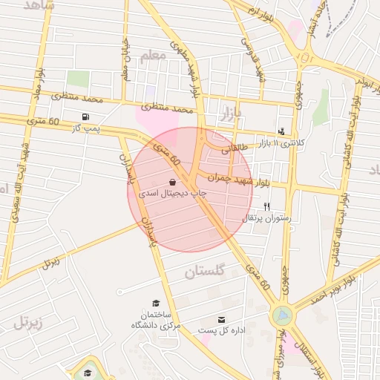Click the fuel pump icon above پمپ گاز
[x=86, y=117]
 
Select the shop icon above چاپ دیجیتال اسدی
[x=172, y=182]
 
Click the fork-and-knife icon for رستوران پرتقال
[x=266, y=207]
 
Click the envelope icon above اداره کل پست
[x=221, y=319]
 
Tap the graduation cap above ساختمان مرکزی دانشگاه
[x=156, y=303]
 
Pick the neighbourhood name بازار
[x=232, y=113]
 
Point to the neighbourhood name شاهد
[x=39, y=6]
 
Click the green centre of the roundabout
[x=282, y=315]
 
